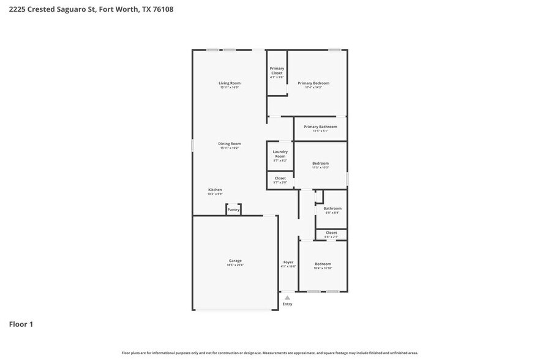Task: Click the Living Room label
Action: (230, 83)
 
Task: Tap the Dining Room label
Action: (230, 144)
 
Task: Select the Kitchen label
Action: (215, 190)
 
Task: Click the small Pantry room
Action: (233, 210)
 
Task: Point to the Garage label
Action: (235, 261)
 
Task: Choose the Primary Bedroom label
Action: (313, 83)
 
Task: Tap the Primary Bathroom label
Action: (320, 127)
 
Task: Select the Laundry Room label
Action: (280, 154)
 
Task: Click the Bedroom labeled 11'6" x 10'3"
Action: (320, 163)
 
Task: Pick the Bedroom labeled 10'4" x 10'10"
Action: (323, 264)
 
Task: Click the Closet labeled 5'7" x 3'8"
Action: (280, 179)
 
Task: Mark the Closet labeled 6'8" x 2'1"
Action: (331, 233)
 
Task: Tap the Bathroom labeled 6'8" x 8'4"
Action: (332, 209)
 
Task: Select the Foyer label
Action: (288, 262)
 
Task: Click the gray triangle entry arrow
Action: (287, 298)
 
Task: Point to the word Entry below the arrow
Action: (287, 304)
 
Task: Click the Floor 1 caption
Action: (21, 324)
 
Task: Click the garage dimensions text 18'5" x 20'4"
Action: (235, 265)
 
